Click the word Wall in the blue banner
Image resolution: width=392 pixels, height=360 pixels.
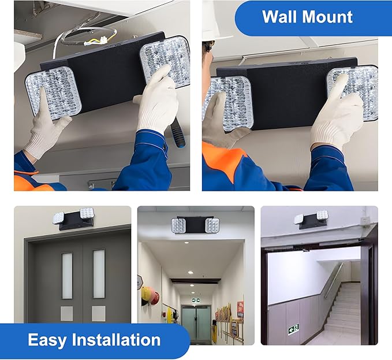[279, 17]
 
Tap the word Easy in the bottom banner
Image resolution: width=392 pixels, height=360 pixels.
[51, 340]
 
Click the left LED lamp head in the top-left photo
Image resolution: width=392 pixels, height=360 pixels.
[53, 92]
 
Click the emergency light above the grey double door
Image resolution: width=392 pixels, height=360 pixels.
[73, 218]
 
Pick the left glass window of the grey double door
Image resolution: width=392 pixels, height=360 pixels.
[67, 274]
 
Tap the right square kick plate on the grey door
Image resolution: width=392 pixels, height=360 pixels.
[98, 313]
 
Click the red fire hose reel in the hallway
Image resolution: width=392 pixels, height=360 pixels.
[148, 295]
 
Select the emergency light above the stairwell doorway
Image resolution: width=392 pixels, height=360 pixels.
[311, 219]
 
